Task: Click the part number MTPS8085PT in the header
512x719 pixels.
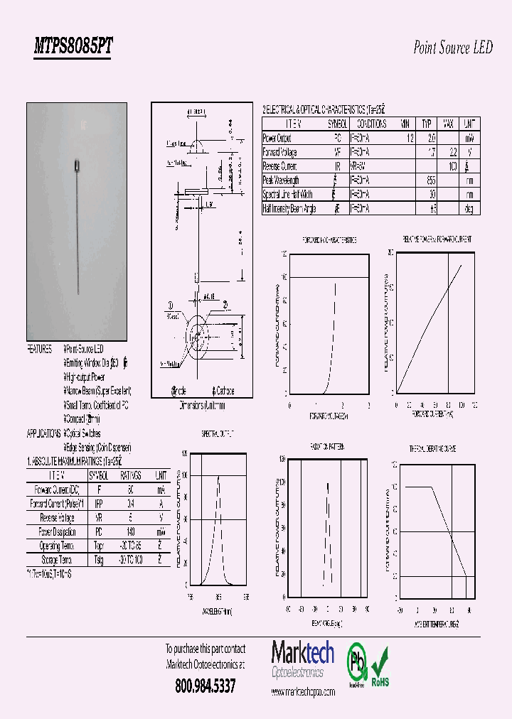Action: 73,47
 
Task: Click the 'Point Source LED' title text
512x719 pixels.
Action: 452,48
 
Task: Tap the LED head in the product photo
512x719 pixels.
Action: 78,164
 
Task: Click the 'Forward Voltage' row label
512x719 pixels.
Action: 280,152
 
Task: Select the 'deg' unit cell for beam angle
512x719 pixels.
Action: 469,209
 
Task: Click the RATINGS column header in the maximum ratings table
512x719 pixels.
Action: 129,475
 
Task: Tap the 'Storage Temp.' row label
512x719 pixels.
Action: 57,560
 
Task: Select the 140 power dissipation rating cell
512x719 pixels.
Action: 129,531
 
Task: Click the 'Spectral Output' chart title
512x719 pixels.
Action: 217,433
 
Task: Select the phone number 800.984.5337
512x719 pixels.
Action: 205,686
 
